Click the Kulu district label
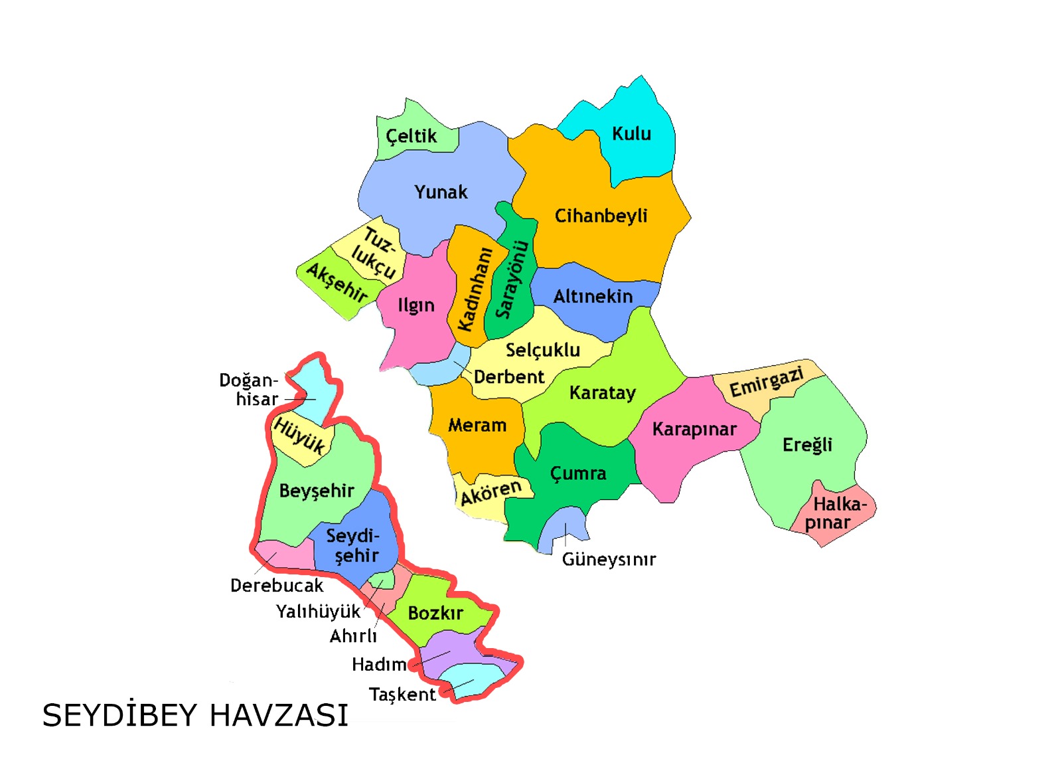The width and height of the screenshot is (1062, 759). [631, 133]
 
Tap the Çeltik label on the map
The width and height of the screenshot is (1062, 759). [412, 136]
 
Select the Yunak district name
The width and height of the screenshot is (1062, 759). [441, 192]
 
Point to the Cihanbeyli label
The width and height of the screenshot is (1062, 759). [601, 216]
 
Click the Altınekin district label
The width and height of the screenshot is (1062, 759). [593, 296]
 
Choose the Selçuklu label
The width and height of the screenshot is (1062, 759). [542, 350]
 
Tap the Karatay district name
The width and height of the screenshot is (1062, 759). [602, 392]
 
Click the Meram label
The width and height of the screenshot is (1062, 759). [477, 425]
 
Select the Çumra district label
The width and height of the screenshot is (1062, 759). [578, 473]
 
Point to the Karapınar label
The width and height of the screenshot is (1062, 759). [694, 429]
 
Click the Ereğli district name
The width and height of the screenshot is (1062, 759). [806, 444]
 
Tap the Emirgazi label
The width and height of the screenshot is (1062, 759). [767, 382]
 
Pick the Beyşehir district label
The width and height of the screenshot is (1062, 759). [317, 491]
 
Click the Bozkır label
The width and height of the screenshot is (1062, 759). [435, 613]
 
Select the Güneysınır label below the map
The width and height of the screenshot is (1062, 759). [609, 559]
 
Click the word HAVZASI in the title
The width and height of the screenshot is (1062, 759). [279, 715]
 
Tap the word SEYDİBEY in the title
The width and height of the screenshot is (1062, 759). [120, 715]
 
